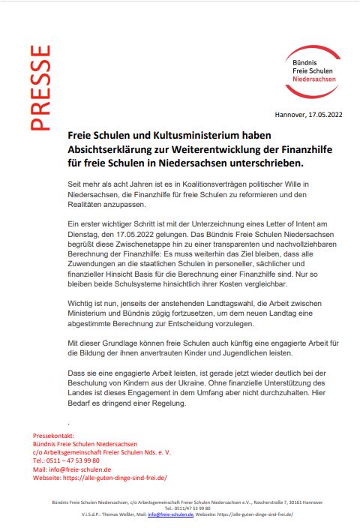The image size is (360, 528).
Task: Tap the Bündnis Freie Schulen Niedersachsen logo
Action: tap(313, 71)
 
